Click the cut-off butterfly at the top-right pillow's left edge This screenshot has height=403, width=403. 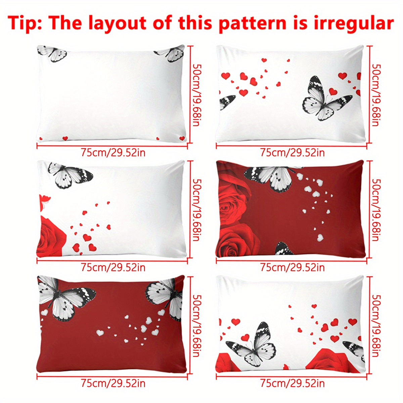pos(227,102)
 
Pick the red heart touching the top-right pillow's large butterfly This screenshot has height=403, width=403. pos(333,91)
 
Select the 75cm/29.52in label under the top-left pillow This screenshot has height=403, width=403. pos(113,153)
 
